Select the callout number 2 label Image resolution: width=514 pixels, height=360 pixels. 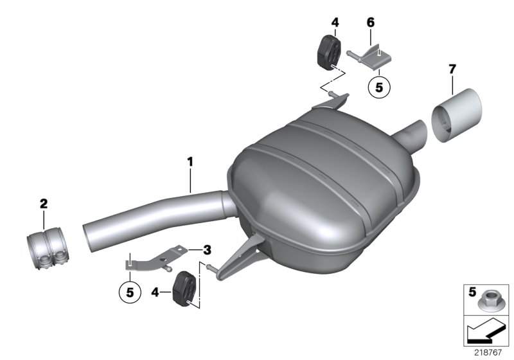point(44,204)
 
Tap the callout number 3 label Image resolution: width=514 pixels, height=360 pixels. point(206,249)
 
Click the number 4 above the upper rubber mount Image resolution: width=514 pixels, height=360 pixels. point(335,22)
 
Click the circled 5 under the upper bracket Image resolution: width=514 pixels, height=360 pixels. point(378,85)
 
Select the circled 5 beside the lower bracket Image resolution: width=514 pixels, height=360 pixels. point(131,291)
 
